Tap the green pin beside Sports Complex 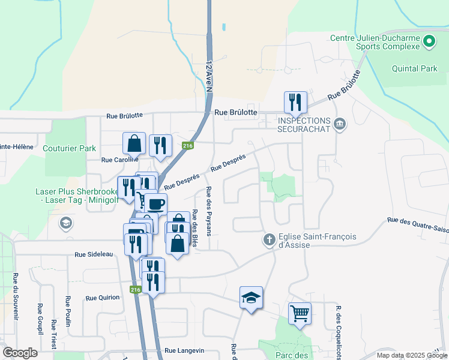429,42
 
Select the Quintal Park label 415,68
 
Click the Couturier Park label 70,148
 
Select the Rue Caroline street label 119,160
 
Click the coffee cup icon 155,203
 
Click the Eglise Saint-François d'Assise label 318,241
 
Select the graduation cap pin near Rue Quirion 251,297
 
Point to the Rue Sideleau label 94,254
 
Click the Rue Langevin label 184,350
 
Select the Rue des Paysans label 209,212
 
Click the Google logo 20,352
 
